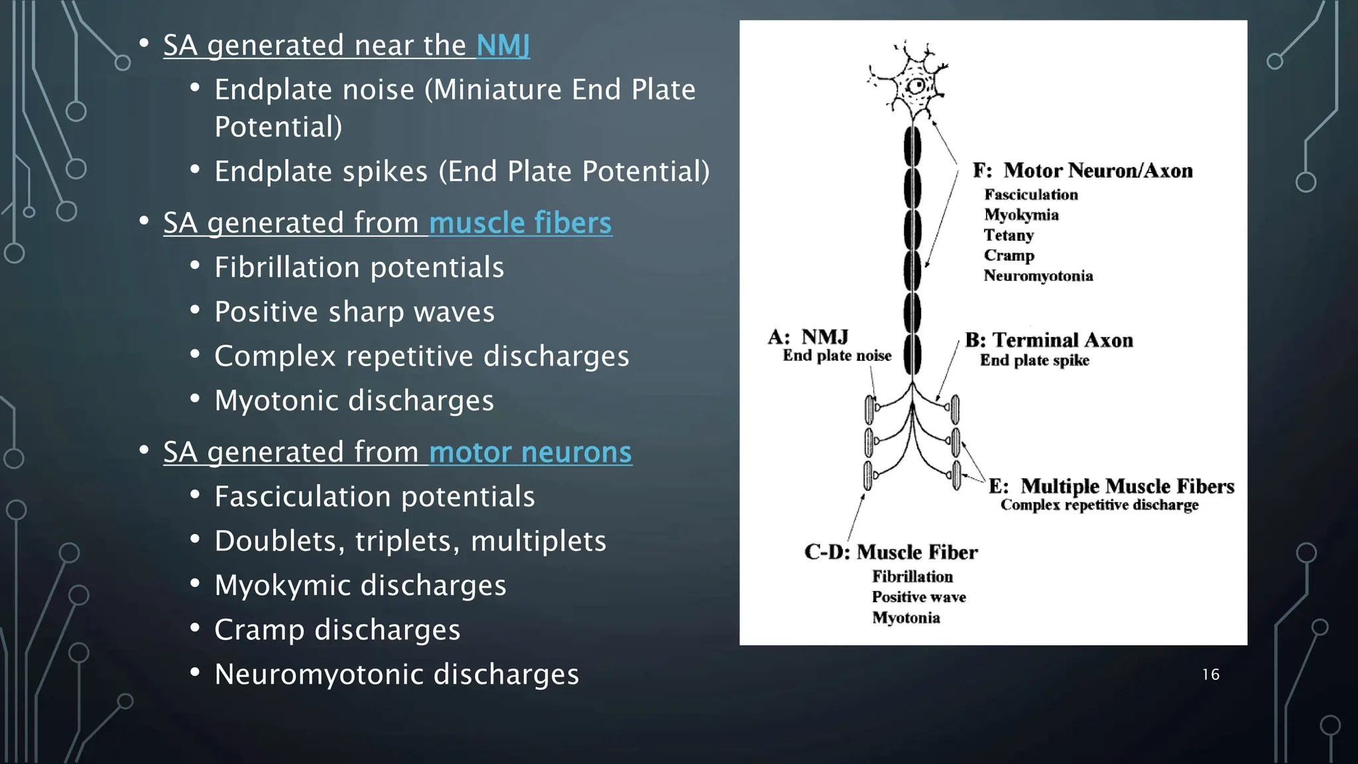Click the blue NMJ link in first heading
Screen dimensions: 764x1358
click(503, 46)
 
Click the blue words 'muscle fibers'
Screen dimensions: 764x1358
click(520, 223)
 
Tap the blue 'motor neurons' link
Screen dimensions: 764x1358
click(530, 452)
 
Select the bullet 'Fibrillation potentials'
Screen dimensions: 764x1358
click(359, 268)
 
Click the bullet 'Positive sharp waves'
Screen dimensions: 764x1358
click(354, 312)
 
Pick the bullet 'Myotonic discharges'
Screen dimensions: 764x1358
click(354, 401)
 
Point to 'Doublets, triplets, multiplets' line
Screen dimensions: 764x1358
click(410, 541)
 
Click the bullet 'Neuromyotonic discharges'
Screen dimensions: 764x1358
click(397, 674)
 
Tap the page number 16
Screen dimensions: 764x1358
click(1210, 674)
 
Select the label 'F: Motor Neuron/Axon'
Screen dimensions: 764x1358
click(1082, 170)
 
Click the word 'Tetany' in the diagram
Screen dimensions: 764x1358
click(1009, 235)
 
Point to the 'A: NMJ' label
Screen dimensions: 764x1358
click(808, 337)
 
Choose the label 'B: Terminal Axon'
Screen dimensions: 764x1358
click(1049, 340)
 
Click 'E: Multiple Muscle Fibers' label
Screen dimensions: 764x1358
click(1111, 486)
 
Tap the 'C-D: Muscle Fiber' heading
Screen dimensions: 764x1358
click(891, 552)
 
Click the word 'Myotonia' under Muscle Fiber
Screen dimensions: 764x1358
click(906, 617)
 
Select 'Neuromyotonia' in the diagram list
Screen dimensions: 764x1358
click(1038, 276)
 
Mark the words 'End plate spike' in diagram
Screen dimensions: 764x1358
click(1034, 360)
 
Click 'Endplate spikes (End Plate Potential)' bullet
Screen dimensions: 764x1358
click(462, 172)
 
